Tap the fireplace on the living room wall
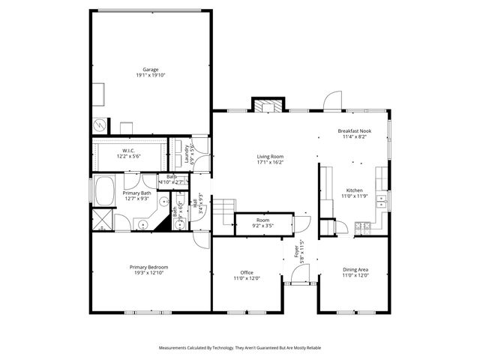(x=268, y=106)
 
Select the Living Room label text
(x=270, y=157)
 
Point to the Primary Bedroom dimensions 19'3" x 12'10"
(x=148, y=273)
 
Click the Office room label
(x=247, y=272)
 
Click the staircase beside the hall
(x=224, y=209)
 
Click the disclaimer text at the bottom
(x=239, y=348)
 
